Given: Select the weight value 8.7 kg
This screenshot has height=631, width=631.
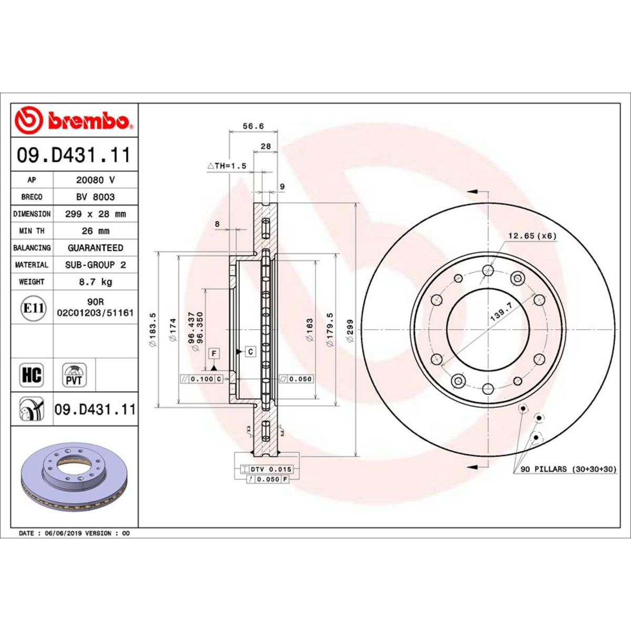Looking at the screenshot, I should click(95, 282).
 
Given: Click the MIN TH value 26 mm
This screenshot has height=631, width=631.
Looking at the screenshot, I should click(95, 231).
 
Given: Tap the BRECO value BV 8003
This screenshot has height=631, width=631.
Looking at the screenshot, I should click(95, 197).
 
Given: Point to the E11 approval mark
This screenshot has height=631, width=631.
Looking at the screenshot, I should click(32, 308).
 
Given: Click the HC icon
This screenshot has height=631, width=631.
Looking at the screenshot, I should click(32, 375).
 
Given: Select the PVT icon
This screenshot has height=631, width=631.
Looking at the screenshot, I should click(74, 375).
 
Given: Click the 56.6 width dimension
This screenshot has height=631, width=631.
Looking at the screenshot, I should click(253, 126).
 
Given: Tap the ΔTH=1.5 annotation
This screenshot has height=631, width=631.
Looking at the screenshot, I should click(227, 166).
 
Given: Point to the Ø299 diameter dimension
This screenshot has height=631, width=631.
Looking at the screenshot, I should click(351, 330).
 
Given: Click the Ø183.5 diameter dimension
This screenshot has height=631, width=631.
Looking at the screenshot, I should click(153, 330).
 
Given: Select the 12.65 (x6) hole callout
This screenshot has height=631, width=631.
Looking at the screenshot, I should click(532, 236).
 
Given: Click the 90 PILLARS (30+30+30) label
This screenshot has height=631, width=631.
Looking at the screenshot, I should click(568, 469).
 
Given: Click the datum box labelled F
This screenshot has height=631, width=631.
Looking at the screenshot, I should click(214, 353).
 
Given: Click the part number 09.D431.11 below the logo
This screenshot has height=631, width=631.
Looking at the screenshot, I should click(74, 156).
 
